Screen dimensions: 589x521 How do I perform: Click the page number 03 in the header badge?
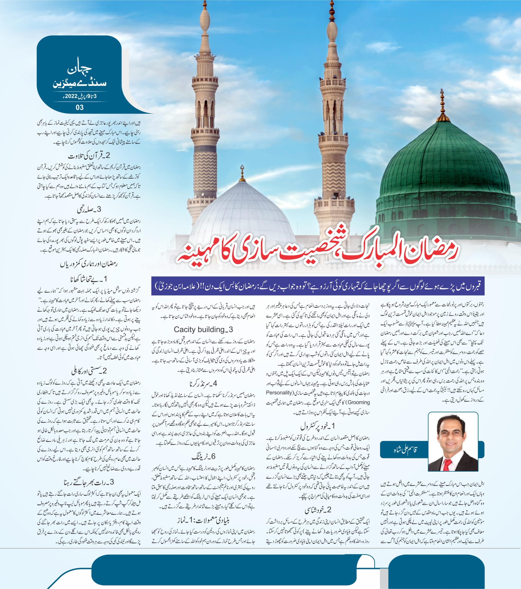pos(80,107)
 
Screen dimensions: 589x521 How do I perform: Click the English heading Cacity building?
pos(203,329)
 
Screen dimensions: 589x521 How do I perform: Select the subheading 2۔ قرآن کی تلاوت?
pos(89,156)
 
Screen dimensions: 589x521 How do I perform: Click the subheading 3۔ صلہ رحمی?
pos(89,209)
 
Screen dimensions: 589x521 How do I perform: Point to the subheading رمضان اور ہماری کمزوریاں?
pos(89,264)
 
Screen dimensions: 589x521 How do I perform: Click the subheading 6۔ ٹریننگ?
pos(203,457)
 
